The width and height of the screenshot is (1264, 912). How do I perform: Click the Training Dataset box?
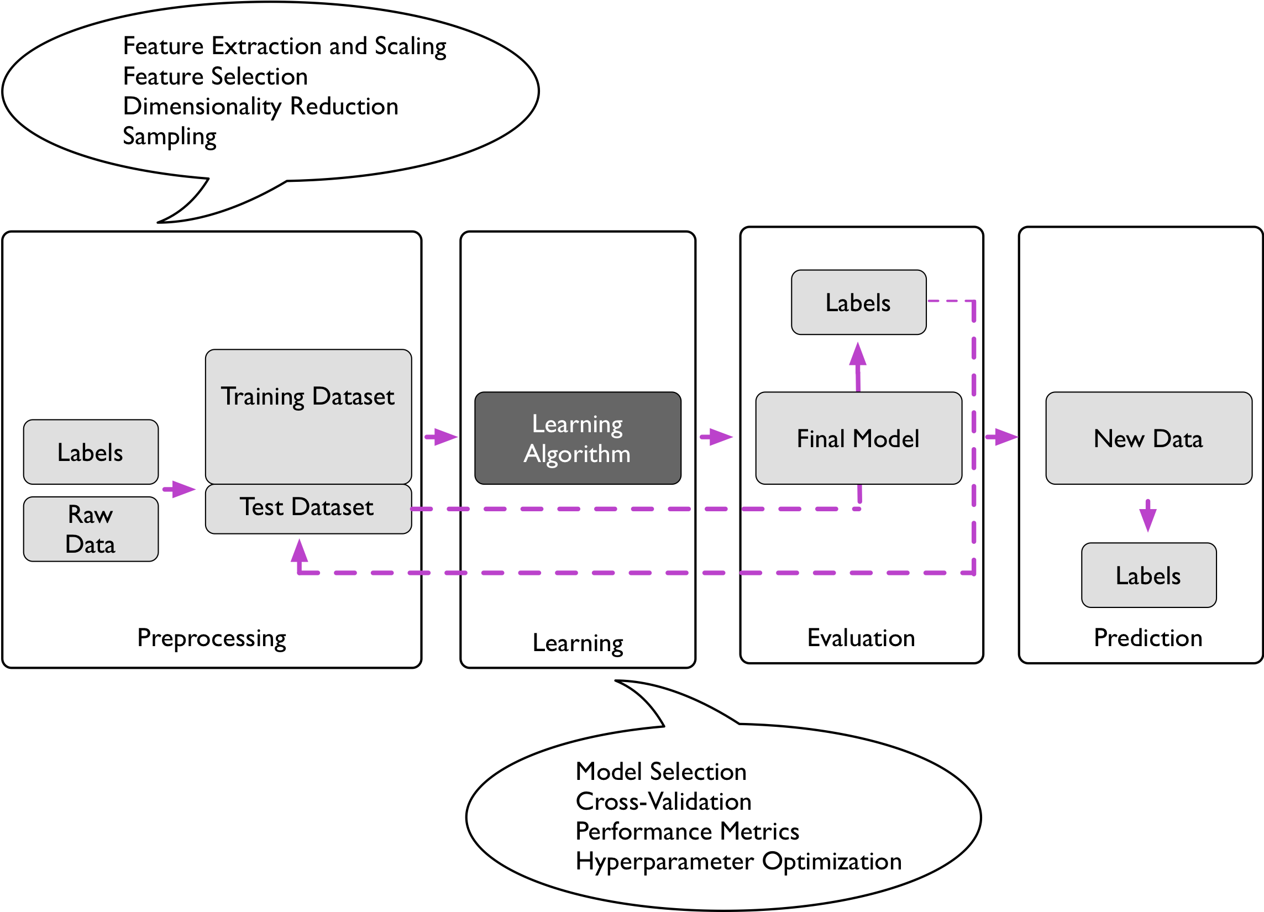[308, 416]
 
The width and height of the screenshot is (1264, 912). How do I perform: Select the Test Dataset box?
[308, 508]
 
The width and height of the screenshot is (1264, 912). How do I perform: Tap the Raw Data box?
[91, 528]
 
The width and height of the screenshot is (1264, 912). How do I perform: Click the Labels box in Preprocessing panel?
[91, 452]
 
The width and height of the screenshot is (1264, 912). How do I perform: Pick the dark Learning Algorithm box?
[578, 438]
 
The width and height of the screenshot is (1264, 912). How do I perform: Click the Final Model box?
[858, 438]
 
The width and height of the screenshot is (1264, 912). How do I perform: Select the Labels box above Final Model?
[858, 302]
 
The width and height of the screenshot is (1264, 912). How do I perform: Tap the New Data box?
[1148, 438]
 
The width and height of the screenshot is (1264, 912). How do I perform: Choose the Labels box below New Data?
[1148, 575]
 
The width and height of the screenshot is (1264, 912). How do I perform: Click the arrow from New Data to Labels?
[1147, 515]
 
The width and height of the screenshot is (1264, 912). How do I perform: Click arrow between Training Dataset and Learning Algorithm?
[441, 437]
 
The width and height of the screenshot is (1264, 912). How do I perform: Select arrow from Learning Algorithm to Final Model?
[716, 437]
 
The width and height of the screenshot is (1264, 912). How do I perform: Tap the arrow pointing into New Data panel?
[1001, 437]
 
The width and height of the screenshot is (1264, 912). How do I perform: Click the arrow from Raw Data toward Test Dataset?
[179, 490]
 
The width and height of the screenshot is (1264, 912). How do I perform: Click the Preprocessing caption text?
[212, 638]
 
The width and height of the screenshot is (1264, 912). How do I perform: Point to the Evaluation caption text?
[861, 638]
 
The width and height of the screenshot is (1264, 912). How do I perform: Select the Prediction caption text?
[1148, 638]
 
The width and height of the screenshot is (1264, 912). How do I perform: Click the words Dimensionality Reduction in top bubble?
[261, 107]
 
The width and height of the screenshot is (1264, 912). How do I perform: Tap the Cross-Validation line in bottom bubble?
[663, 801]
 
